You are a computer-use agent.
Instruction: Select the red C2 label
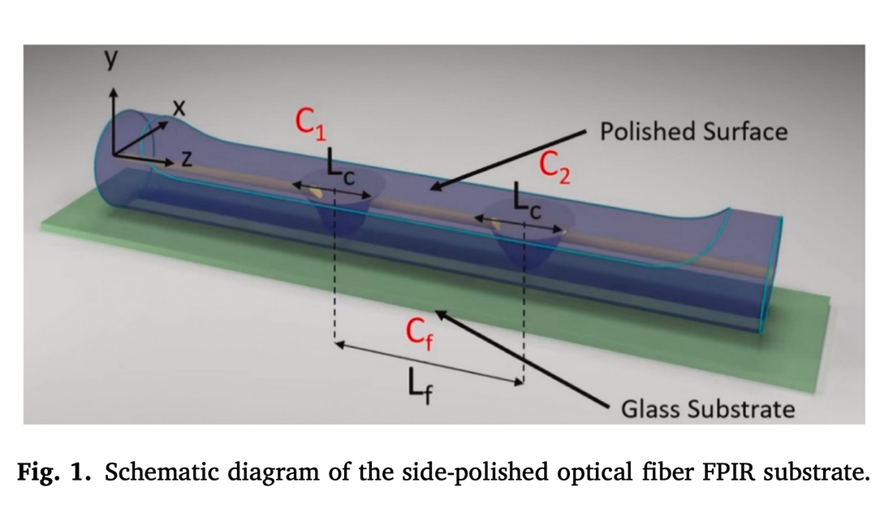click(x=557, y=169)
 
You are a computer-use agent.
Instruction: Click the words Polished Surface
click(x=692, y=131)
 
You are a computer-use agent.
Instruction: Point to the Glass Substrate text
click(x=707, y=409)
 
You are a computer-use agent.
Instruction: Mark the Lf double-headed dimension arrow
click(x=429, y=363)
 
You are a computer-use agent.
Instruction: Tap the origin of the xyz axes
click(x=114, y=154)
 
